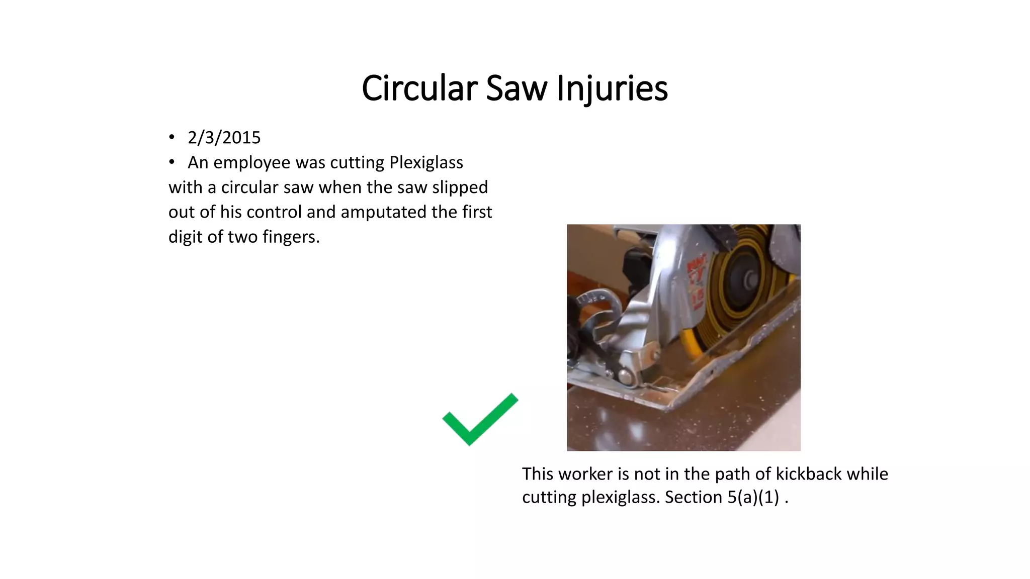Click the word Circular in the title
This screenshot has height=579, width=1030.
pos(419,88)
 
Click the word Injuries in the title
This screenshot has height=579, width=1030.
pos(612,88)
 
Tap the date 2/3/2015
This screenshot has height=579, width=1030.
pos(224,138)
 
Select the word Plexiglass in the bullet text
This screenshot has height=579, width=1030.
pos(426,162)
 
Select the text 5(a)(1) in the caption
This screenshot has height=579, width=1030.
pos(753,497)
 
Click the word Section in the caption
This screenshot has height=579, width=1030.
pos(694,497)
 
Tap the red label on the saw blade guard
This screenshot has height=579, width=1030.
pos(697,281)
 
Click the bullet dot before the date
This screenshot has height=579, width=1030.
pos(172,138)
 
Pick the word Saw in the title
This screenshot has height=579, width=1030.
pos(516,88)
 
